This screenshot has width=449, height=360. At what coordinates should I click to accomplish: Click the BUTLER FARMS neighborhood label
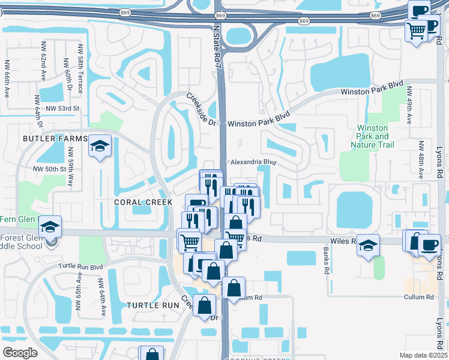pos(55,139)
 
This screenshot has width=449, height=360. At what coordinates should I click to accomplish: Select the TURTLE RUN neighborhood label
pos(153,305)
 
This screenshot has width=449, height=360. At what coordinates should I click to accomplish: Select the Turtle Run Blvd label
pos(80,266)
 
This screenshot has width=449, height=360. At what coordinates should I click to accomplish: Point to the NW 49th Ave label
pos(409,105)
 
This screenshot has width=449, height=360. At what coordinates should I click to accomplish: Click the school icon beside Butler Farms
pos(100,146)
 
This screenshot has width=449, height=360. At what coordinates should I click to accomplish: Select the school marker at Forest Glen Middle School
pos(50,227)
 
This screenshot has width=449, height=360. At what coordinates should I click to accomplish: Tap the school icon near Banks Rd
pos(369,245)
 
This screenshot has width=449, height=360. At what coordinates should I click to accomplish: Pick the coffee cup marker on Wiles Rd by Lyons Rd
pos(429,244)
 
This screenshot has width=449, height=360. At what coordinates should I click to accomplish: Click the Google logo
pos(20,353)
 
